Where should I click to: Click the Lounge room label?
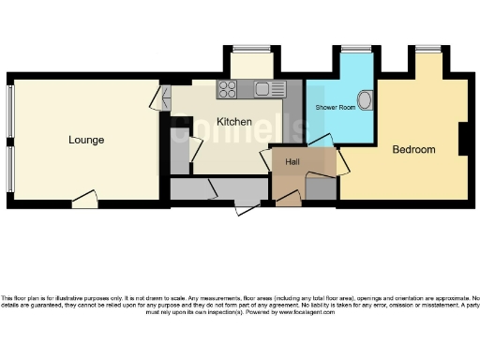click(x=86, y=140)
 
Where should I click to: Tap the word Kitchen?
click(x=233, y=122)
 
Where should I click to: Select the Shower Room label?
click(x=334, y=107)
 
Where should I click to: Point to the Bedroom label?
click(x=413, y=150)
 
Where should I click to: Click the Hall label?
click(x=292, y=161)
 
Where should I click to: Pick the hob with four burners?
click(x=228, y=90)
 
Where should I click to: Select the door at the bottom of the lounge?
click(x=85, y=199)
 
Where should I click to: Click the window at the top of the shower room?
click(x=356, y=48)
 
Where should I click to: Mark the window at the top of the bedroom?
click(x=430, y=48)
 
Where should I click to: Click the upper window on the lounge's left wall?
click(x=10, y=112)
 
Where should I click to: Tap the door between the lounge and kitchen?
click(x=165, y=96)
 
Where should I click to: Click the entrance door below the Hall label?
click(x=287, y=198)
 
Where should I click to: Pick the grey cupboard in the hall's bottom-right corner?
click(x=322, y=188)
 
